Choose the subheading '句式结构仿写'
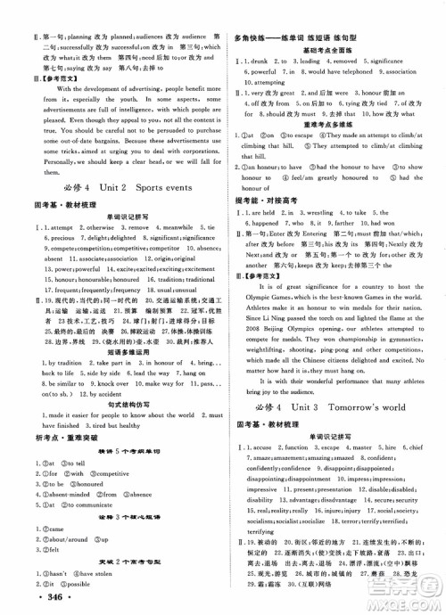click(x=118, y=403)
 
